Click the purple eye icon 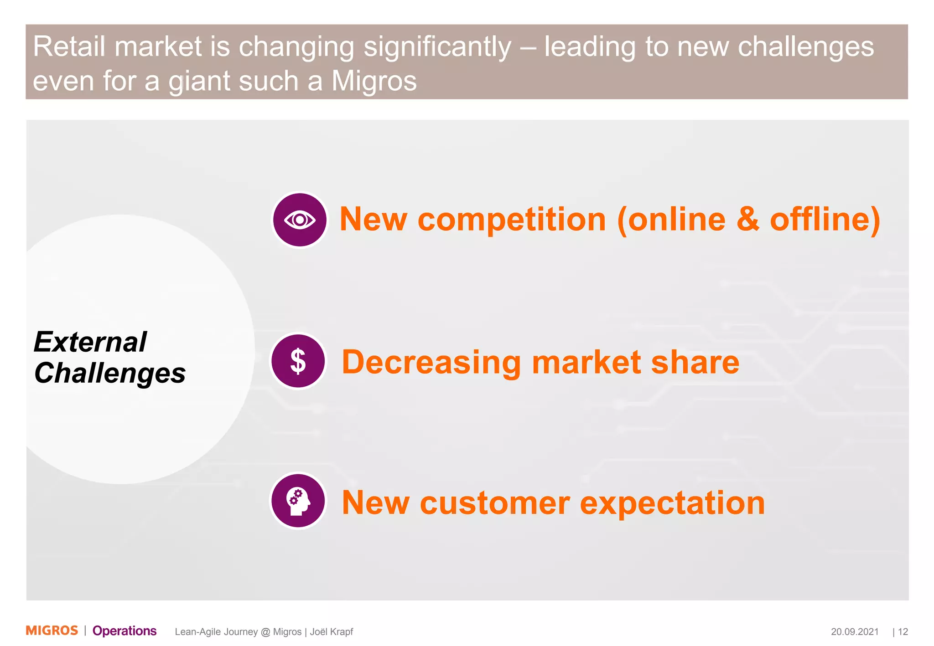coord(300,220)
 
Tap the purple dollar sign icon coord(298,361)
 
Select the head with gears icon coord(298,501)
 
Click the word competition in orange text coord(512,220)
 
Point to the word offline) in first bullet coord(825,220)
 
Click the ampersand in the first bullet coord(748,220)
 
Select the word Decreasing coord(431,363)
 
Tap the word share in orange coord(695,363)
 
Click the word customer coord(494,503)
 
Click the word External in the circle coord(90,342)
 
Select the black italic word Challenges coord(110,373)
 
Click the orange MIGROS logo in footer coord(52,631)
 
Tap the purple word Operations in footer coord(125,631)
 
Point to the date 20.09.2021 coord(855,632)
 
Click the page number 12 coord(903,632)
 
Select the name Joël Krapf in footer coord(332,632)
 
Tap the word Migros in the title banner coord(374,81)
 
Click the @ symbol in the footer coord(265,632)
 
